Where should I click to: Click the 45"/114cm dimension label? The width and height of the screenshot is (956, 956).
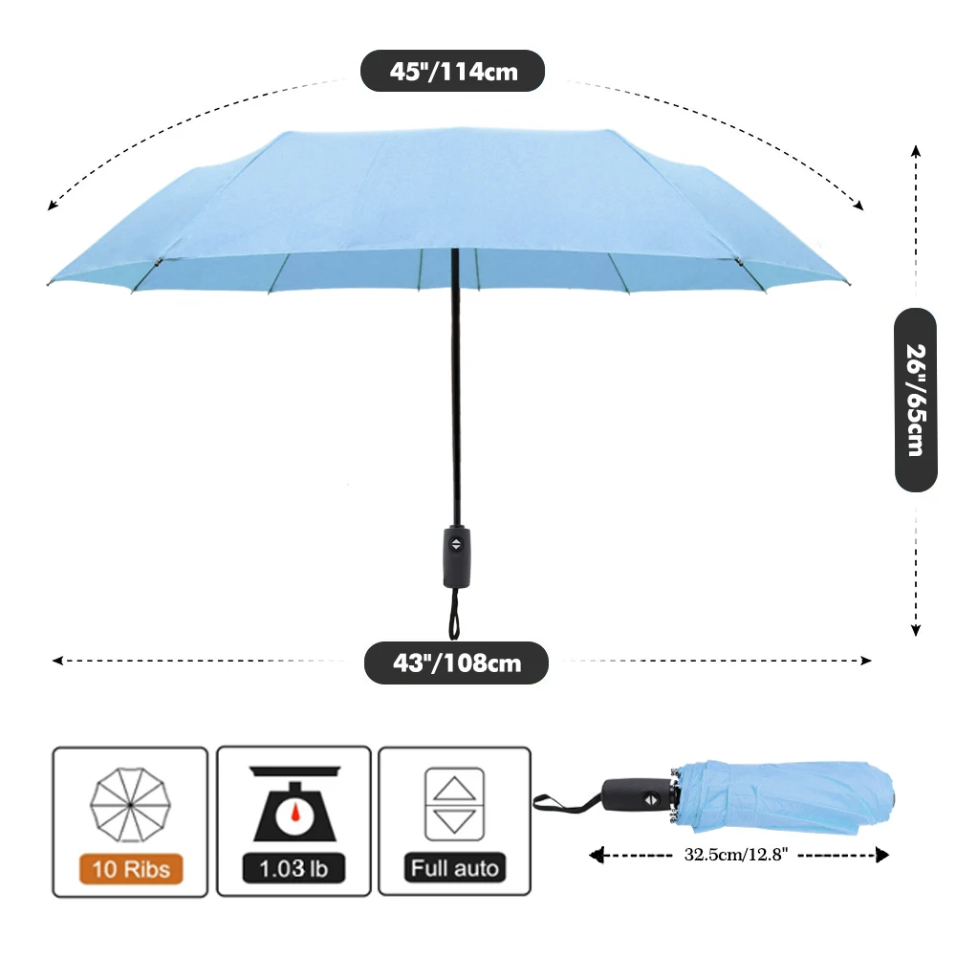click(x=452, y=71)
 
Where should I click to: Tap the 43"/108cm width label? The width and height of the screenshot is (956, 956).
click(x=456, y=663)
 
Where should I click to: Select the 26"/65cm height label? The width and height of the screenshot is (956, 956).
click(x=915, y=400)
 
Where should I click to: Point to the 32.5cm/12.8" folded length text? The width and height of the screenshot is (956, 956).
click(x=734, y=854)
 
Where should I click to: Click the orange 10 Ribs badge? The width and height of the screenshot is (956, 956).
click(x=131, y=869)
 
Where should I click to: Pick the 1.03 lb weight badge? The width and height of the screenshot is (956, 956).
click(x=293, y=869)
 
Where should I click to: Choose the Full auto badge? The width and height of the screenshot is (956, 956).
click(x=454, y=869)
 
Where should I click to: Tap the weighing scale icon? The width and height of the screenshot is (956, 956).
click(x=293, y=801)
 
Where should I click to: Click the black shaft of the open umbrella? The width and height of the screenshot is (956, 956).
click(x=455, y=382)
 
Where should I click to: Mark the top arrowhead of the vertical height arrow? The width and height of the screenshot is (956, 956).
click(x=915, y=150)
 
